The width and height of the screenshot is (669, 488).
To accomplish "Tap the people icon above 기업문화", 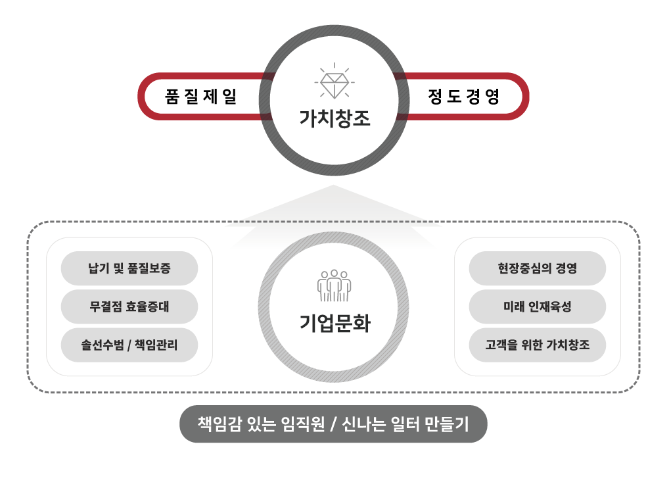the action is [x=334, y=285].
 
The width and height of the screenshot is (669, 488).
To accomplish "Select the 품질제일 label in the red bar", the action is [x=200, y=96].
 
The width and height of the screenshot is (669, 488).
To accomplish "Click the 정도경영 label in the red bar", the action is [x=463, y=96].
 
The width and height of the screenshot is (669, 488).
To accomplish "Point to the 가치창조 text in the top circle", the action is [x=335, y=118].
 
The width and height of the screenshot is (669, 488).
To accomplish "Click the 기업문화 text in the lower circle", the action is [x=335, y=323].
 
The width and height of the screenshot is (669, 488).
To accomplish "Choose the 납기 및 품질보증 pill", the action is [x=129, y=268].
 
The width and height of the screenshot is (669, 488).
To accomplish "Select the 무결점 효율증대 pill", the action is [x=129, y=306].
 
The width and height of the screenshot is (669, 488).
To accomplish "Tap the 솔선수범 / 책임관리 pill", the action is [x=129, y=345].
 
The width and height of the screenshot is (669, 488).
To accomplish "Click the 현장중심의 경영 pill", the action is [x=537, y=268].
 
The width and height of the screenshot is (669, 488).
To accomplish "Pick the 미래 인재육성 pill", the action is [x=537, y=306].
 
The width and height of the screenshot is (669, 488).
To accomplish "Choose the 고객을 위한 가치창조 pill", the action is [x=537, y=345].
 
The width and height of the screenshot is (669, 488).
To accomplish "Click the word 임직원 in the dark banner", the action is [x=303, y=424].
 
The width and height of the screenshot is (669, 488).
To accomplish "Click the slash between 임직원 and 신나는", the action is [x=334, y=424].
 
